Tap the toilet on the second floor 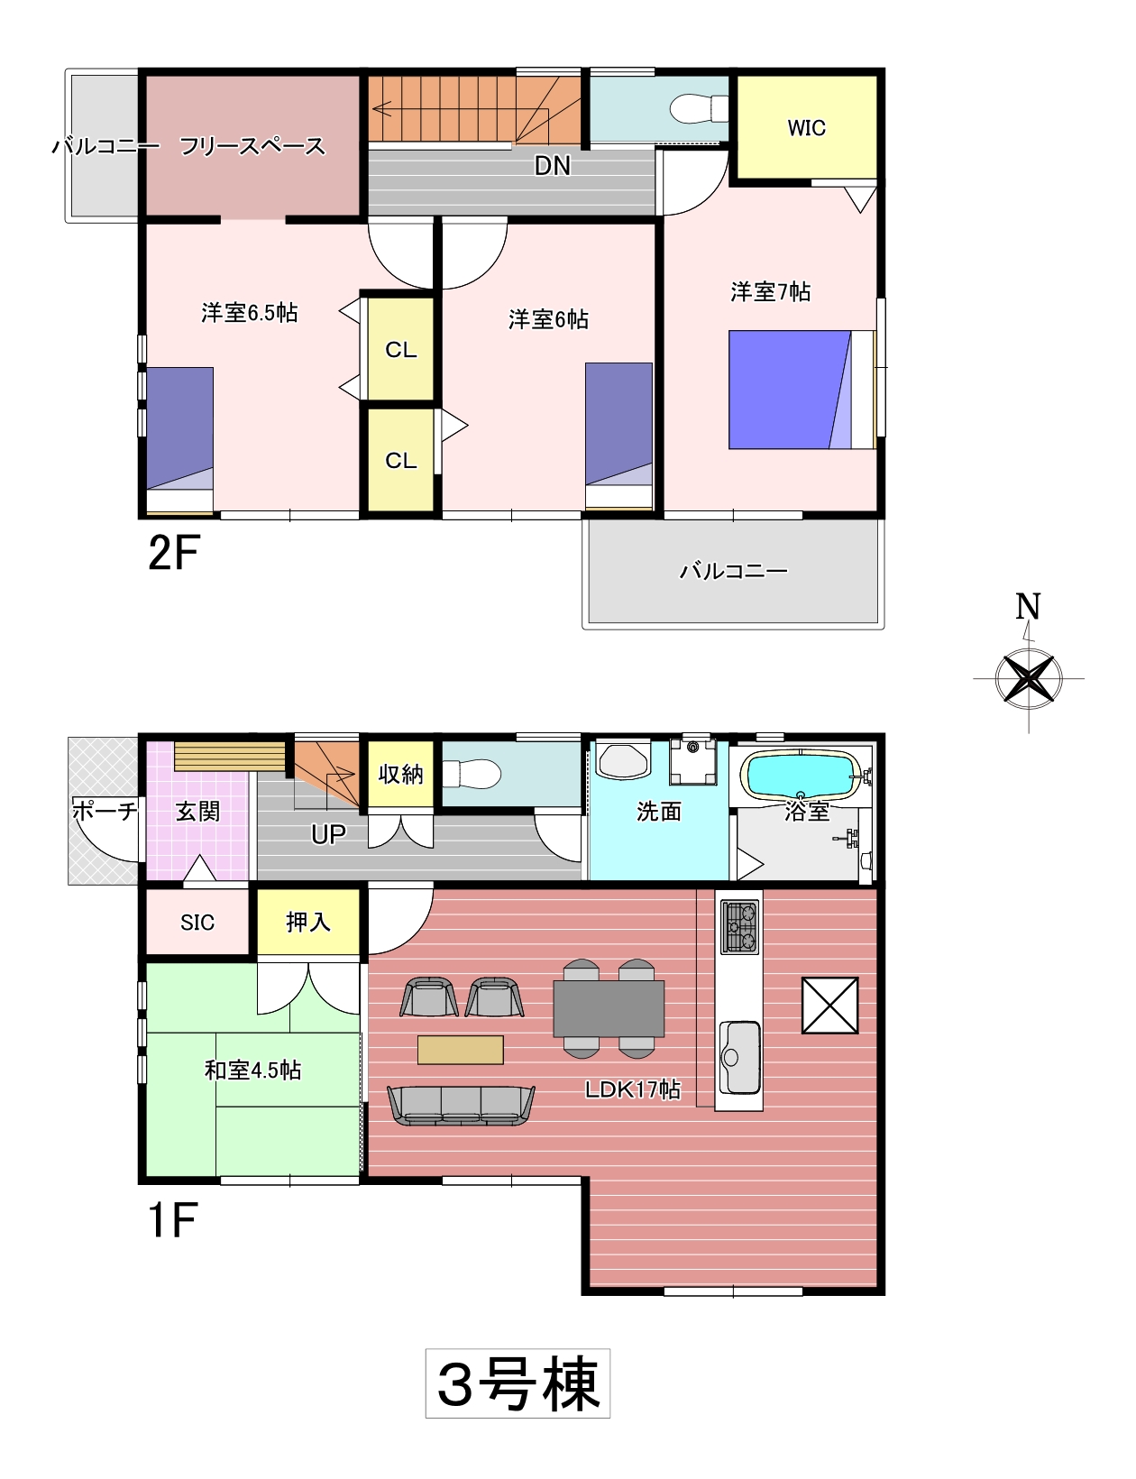pyautogui.click(x=699, y=108)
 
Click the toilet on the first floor pyautogui.click(x=472, y=774)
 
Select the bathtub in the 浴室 pyautogui.click(x=802, y=773)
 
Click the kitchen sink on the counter pyautogui.click(x=738, y=1057)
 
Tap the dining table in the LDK pyautogui.click(x=609, y=1008)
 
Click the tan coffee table pyautogui.click(x=461, y=1051)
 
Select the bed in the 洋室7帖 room pyautogui.click(x=802, y=390)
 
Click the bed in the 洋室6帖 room pyautogui.click(x=619, y=436)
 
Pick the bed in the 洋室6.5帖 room pyautogui.click(x=179, y=440)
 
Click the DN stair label pyautogui.click(x=552, y=165)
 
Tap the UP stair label pyautogui.click(x=328, y=834)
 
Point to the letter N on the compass pyautogui.click(x=1028, y=606)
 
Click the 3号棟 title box pyautogui.click(x=518, y=1383)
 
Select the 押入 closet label pyautogui.click(x=307, y=923)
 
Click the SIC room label pyautogui.click(x=197, y=923)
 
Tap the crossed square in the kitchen pyautogui.click(x=829, y=1006)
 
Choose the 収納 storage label pyautogui.click(x=400, y=774)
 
